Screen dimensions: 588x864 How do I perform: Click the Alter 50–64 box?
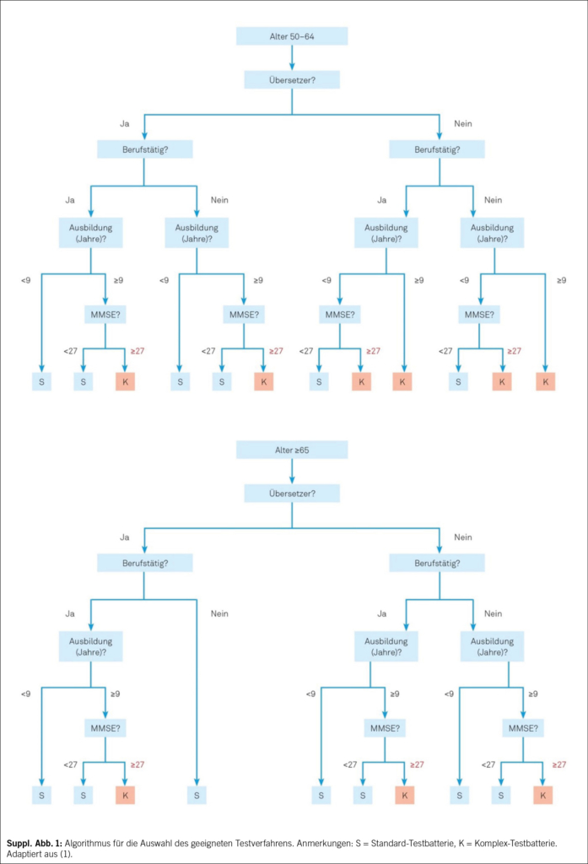tap(292, 36)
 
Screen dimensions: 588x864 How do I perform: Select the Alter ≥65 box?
tap(292, 450)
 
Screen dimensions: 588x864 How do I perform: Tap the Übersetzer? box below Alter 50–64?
tap(292, 80)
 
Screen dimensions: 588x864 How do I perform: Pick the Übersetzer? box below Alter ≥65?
tap(292, 493)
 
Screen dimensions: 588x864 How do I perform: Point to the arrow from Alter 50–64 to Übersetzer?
tap(292, 58)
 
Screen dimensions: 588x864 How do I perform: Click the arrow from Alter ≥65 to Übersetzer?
tap(292, 472)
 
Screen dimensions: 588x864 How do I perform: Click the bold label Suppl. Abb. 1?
tap(35, 843)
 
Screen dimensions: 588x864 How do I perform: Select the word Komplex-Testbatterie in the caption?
tap(519, 843)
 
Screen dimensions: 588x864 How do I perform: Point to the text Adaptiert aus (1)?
tap(39, 854)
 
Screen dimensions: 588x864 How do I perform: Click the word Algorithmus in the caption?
tap(85, 843)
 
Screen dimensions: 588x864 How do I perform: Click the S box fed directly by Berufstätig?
tap(197, 795)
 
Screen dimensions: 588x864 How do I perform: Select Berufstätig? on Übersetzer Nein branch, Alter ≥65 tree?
tap(437, 563)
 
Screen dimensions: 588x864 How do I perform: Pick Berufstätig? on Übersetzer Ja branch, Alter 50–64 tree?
tap(145, 149)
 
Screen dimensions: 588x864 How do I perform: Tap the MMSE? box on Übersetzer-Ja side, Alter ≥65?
tap(105, 728)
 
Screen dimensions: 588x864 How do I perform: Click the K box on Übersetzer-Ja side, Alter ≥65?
tap(125, 795)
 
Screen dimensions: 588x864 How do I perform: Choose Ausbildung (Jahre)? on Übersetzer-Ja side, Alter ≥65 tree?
tap(91, 646)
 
